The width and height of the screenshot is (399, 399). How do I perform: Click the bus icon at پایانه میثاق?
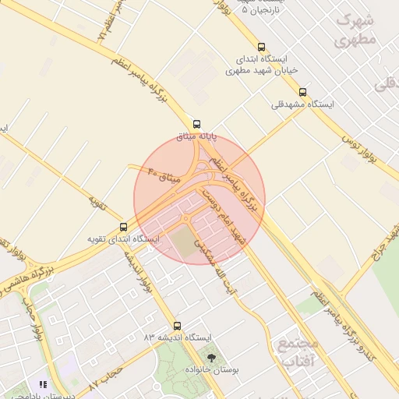(196, 123)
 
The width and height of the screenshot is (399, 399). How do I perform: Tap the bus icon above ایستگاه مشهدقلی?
(302, 92)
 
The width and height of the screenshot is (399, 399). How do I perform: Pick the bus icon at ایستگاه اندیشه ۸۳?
(177, 326)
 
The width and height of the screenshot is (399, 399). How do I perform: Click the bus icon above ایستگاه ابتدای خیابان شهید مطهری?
(261, 47)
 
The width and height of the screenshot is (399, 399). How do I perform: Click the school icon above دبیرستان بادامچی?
(43, 385)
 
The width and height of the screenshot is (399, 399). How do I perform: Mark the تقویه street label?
(97, 203)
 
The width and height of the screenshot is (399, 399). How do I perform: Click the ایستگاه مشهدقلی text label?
(302, 104)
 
